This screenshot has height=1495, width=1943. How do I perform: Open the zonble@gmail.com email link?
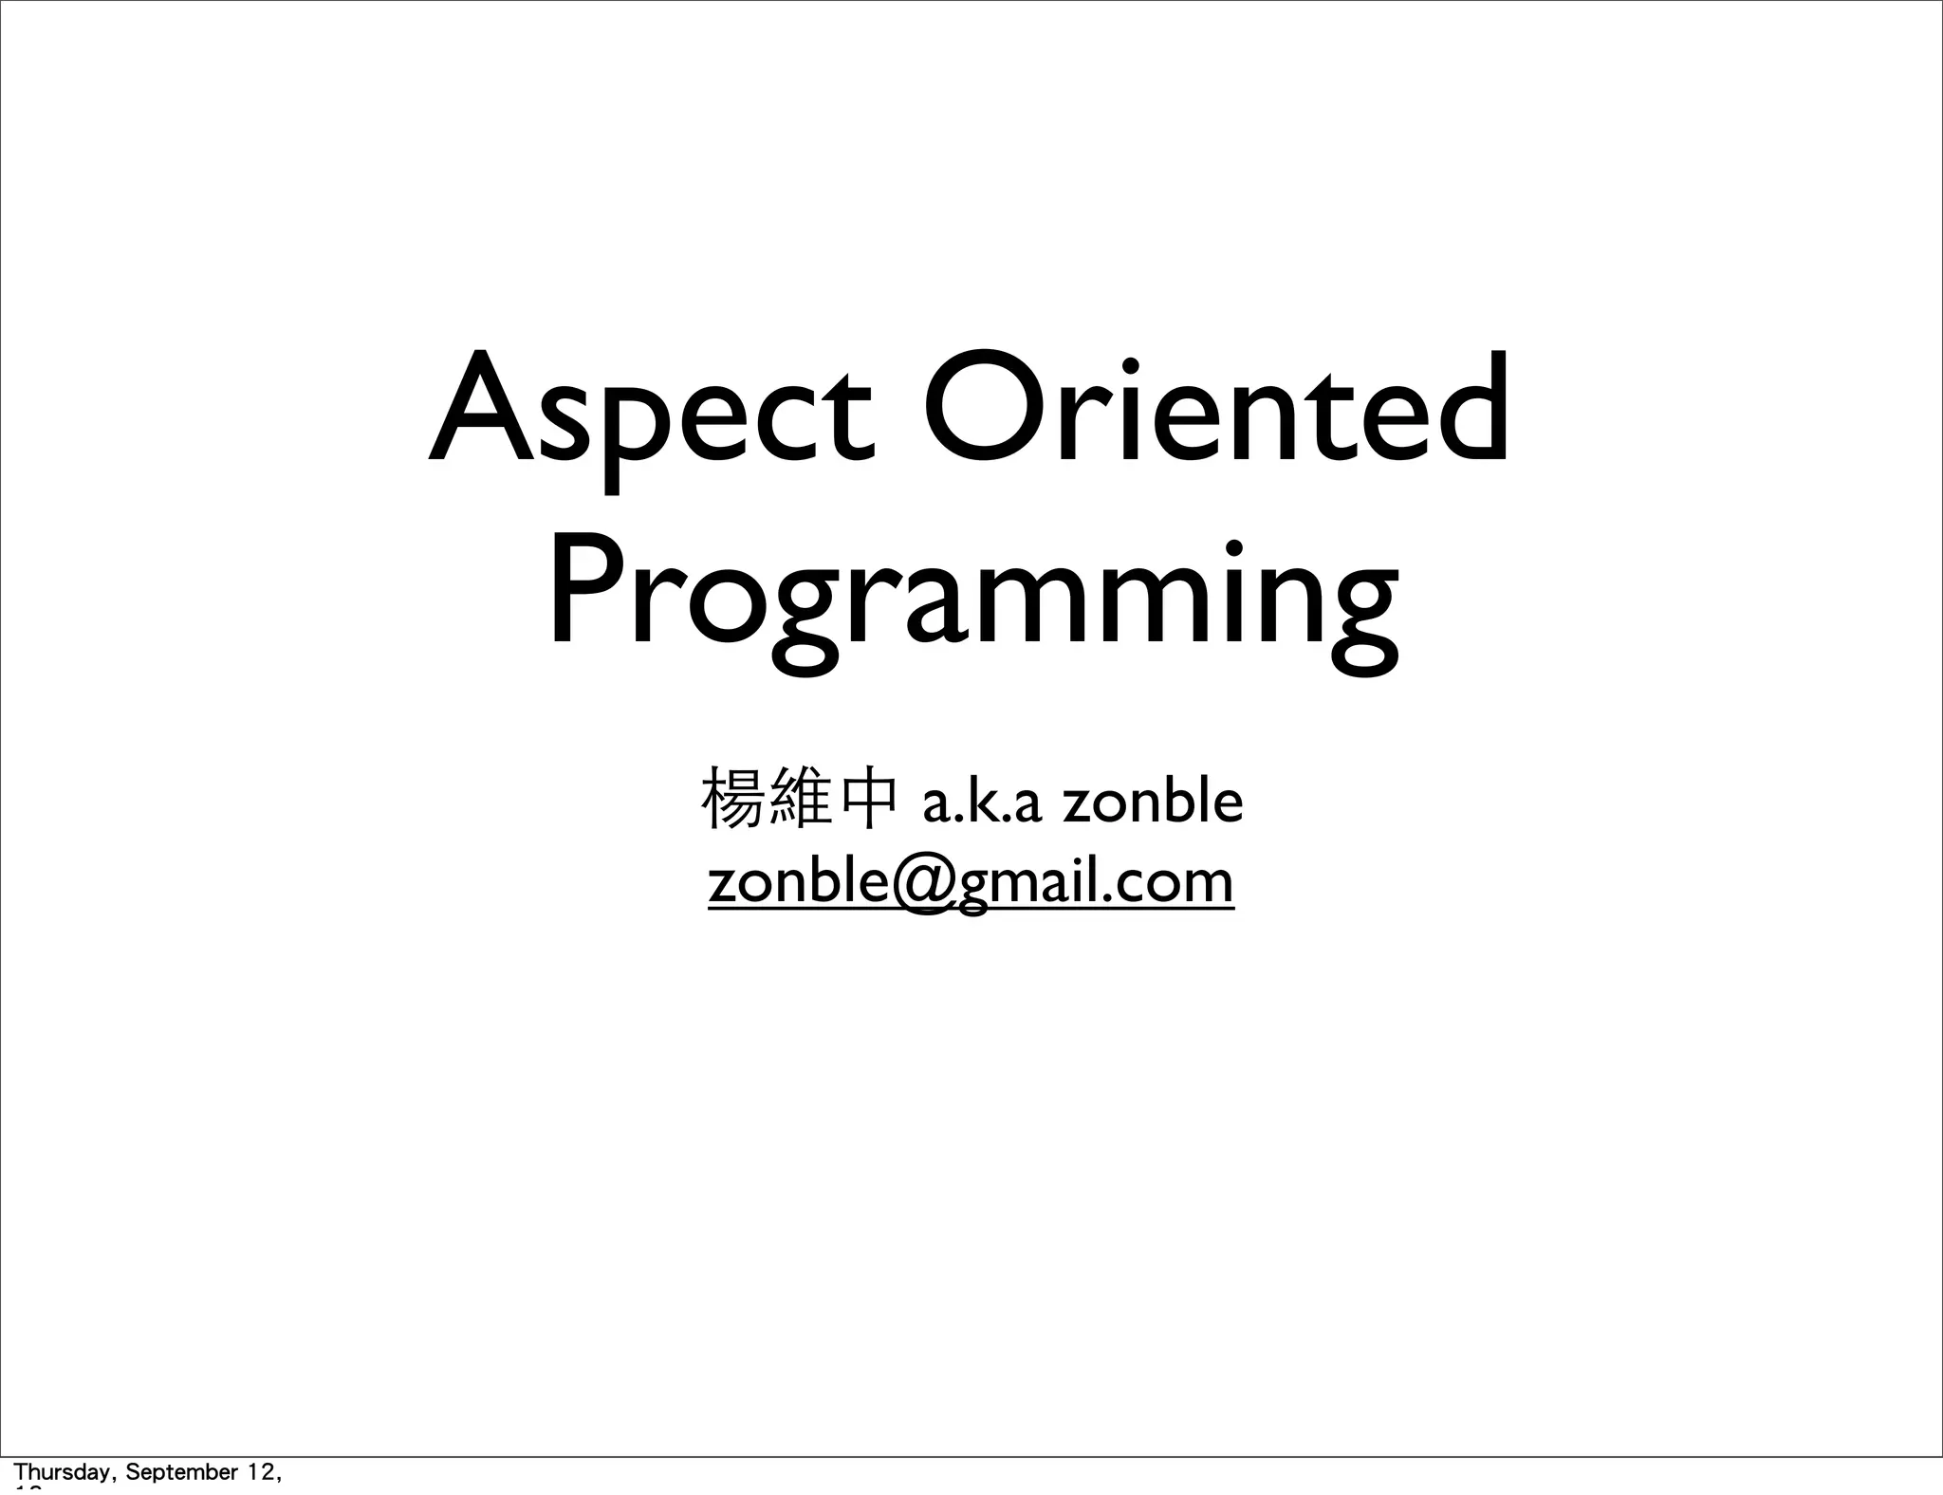pos(971,882)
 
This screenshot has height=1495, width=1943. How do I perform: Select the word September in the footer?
pos(179,1473)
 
